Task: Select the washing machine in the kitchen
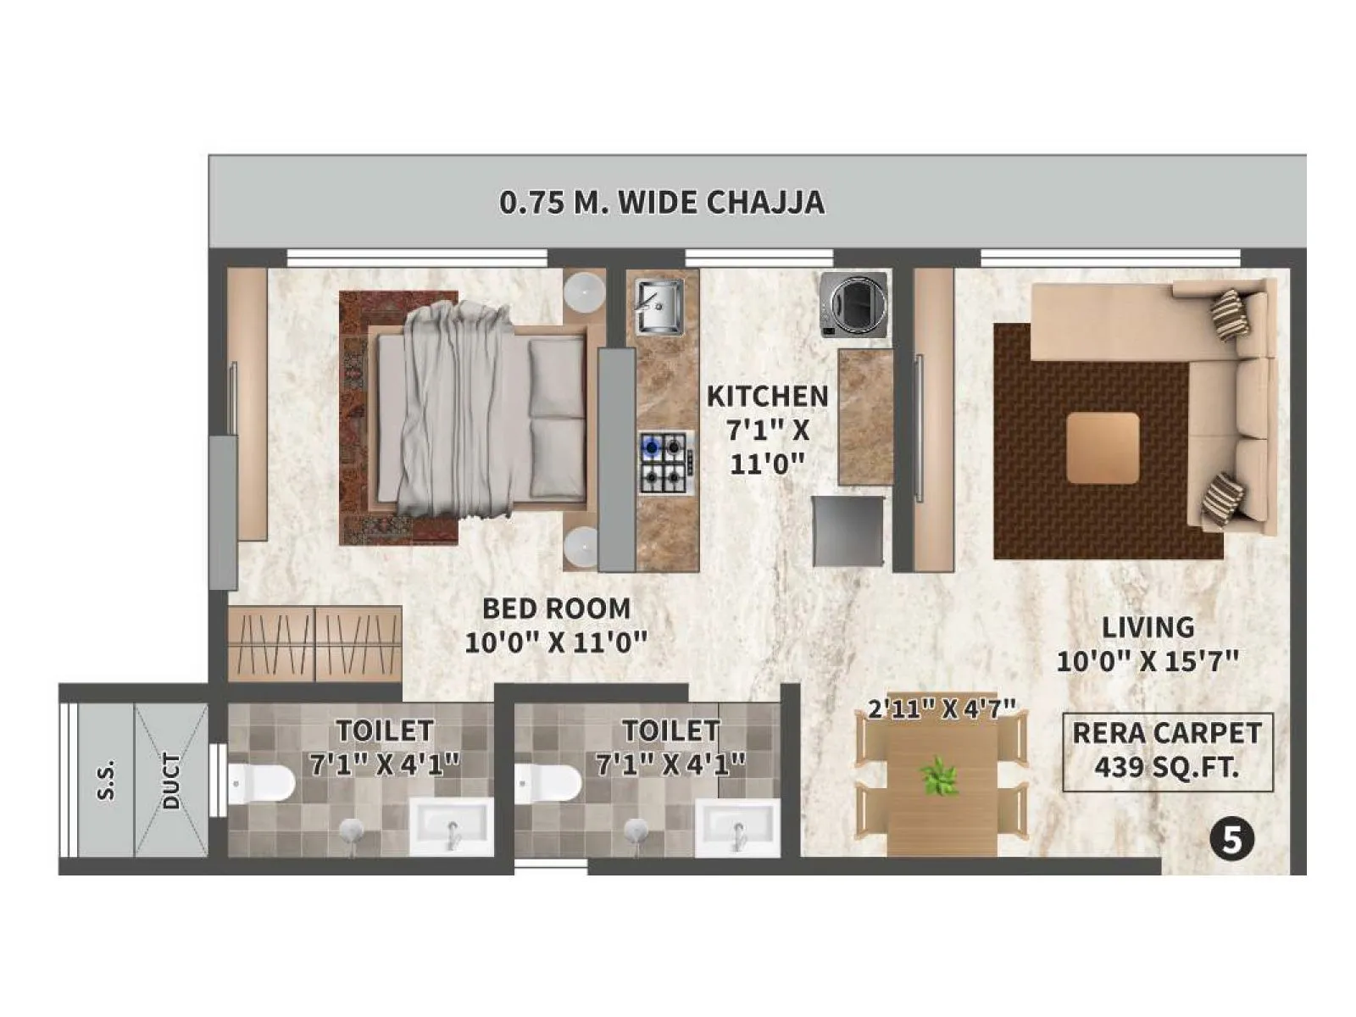853,304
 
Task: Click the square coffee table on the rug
1102,447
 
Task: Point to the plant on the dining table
939,776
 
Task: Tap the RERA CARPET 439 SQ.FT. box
1167,751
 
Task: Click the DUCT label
171,781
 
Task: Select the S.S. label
107,781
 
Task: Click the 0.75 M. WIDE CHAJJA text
661,203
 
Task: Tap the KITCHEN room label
767,397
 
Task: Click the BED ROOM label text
556,609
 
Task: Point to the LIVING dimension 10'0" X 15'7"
1148,661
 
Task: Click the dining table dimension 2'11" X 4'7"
941,709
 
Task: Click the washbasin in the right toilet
735,827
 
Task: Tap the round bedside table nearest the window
583,292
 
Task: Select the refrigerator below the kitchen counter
848,531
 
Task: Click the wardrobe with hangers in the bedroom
314,643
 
